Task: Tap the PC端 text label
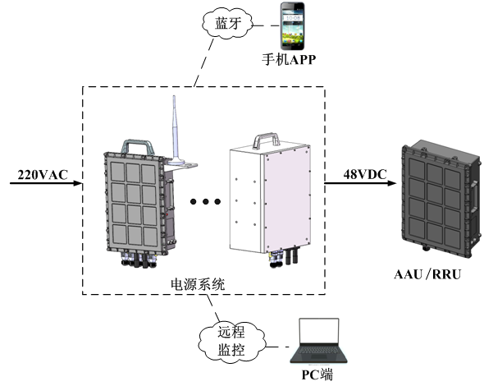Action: pos(317,376)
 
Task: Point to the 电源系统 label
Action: pos(197,283)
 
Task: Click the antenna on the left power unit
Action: pos(175,131)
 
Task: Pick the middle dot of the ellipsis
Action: pos(202,201)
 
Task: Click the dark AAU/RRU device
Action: pos(436,196)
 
